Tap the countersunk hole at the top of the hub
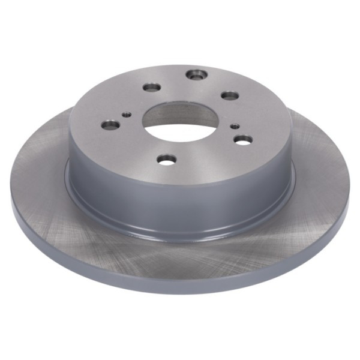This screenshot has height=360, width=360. click(196, 75)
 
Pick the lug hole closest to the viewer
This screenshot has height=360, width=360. click(167, 160)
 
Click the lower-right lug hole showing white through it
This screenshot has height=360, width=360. click(242, 139)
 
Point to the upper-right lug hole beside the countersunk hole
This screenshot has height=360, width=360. click(230, 95)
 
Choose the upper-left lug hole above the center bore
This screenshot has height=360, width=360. click(152, 88)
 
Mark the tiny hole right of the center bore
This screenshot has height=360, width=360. click(235, 126)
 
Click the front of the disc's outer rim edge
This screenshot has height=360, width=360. click(180, 286)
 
